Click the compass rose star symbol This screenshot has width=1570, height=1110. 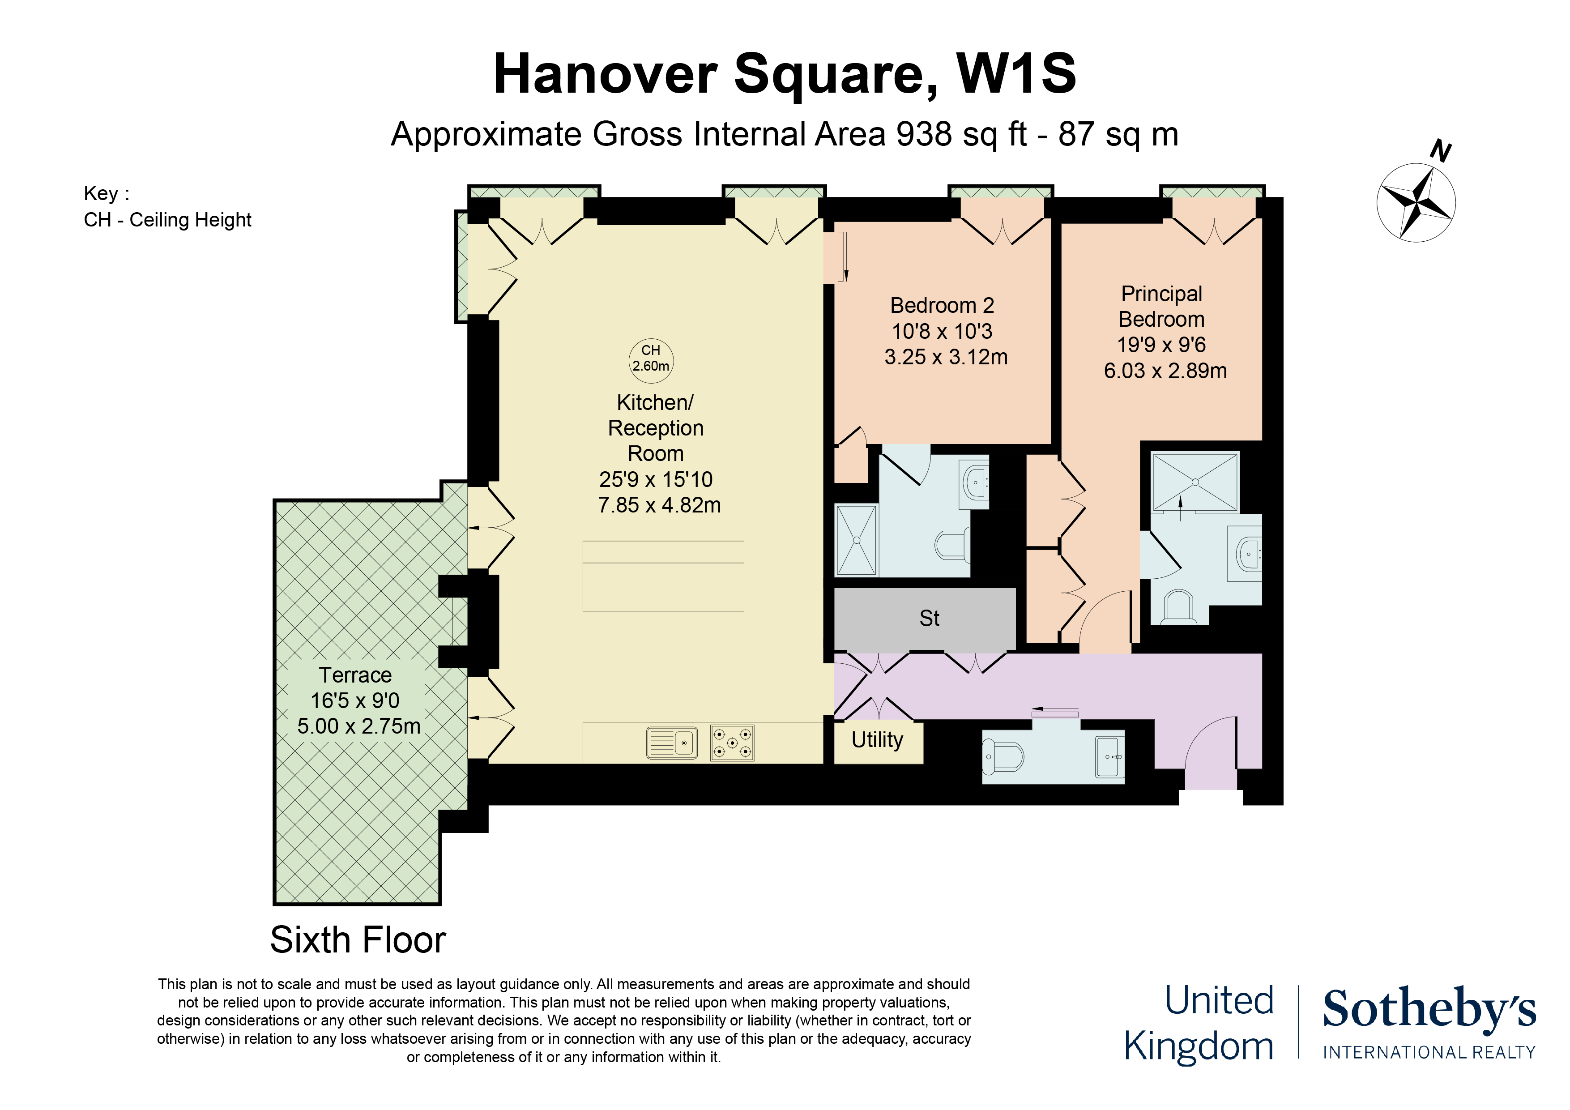1416,202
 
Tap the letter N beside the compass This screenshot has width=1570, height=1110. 1441,150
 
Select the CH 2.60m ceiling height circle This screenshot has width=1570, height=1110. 651,360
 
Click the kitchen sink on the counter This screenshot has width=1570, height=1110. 672,743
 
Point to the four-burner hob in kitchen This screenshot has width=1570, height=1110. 732,743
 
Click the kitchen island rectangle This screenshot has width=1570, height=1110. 663,576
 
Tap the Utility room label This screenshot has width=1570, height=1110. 877,740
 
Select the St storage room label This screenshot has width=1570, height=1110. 929,618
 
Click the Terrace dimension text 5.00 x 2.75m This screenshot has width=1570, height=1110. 359,726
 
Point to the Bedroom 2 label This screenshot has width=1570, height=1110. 942,305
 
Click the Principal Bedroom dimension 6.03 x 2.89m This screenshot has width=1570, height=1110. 1165,371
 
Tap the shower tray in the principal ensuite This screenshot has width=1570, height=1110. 1195,482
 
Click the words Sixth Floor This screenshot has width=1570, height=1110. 358,940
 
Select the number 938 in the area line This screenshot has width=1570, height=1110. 924,134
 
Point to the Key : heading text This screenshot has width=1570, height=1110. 107,193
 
